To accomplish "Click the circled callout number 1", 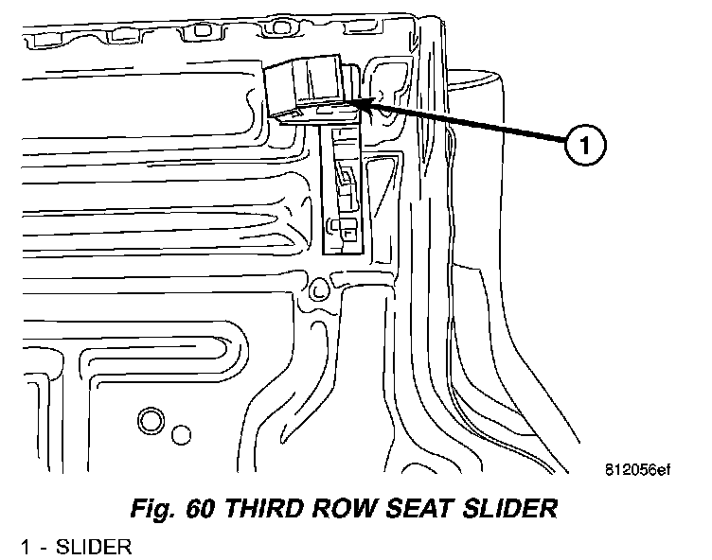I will click(x=584, y=148).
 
